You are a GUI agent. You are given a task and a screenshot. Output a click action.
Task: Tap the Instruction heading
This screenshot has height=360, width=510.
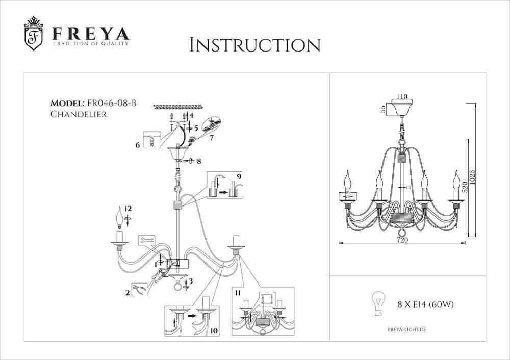(254, 45)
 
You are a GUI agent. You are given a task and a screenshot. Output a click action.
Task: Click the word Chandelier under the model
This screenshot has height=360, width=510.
(79, 114)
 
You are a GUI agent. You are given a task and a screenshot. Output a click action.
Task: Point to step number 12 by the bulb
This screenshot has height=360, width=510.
(127, 209)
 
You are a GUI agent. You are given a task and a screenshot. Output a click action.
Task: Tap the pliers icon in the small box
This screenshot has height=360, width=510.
(139, 290)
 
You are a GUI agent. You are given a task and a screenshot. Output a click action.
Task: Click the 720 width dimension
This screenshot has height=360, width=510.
(402, 240)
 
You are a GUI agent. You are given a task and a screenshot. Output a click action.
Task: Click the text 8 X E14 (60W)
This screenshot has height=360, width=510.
(425, 305)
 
